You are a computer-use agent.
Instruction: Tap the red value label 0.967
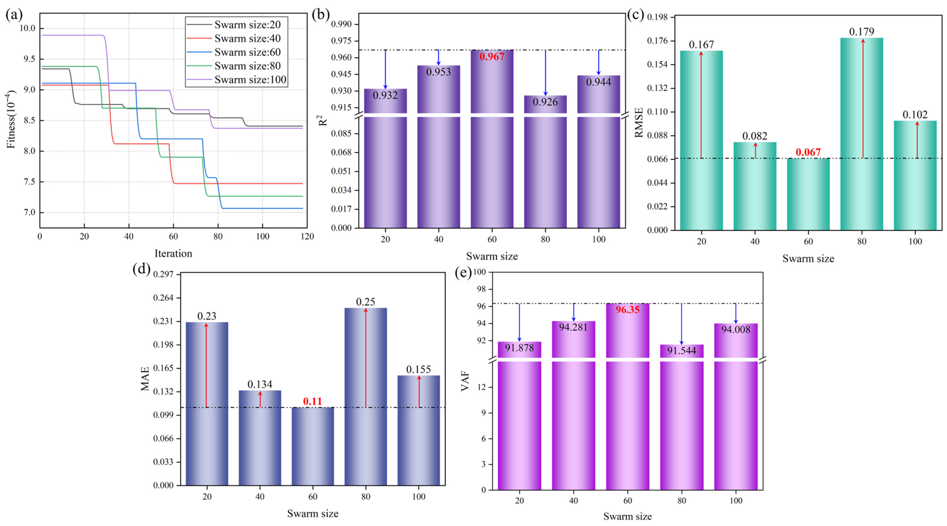coord(492,57)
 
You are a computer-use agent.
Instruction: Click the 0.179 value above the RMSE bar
coord(862,32)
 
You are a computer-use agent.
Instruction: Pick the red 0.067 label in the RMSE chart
coord(808,152)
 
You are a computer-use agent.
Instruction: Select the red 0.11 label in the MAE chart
coord(312,401)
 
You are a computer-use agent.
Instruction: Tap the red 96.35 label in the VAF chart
coord(628,310)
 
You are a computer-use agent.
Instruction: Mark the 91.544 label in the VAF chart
coord(682,350)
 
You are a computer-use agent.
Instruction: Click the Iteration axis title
coord(173,253)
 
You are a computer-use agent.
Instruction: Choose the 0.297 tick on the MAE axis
coord(163,274)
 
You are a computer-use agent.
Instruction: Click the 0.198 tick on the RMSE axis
coord(657,17)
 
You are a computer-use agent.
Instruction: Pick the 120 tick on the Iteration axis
coord(307,236)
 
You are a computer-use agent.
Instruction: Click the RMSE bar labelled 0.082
coord(755,186)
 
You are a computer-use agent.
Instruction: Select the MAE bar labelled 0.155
coord(419,430)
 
